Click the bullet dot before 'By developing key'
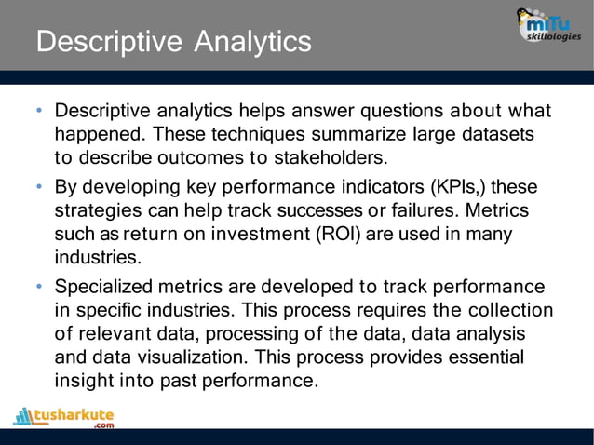(x=40, y=187)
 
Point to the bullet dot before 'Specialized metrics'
(x=40, y=287)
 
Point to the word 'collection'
(x=509, y=309)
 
